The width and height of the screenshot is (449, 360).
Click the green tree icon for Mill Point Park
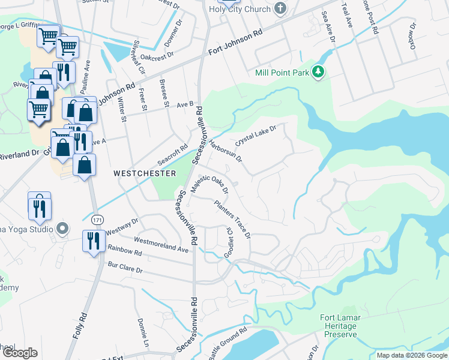pos(318,73)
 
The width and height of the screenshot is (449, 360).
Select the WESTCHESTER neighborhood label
pos(145,173)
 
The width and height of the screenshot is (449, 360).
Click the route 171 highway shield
pos(96,221)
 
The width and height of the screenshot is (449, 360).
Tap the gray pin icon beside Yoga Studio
pos(61,229)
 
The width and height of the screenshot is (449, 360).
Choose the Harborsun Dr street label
pos(226,151)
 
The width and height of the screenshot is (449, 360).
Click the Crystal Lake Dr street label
pos(256,137)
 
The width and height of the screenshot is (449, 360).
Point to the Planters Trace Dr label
pos(232,218)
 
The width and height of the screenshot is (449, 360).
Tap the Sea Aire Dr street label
pos(328,25)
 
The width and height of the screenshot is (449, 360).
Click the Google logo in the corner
pos(20,353)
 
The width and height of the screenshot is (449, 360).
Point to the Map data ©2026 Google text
pos(412,355)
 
